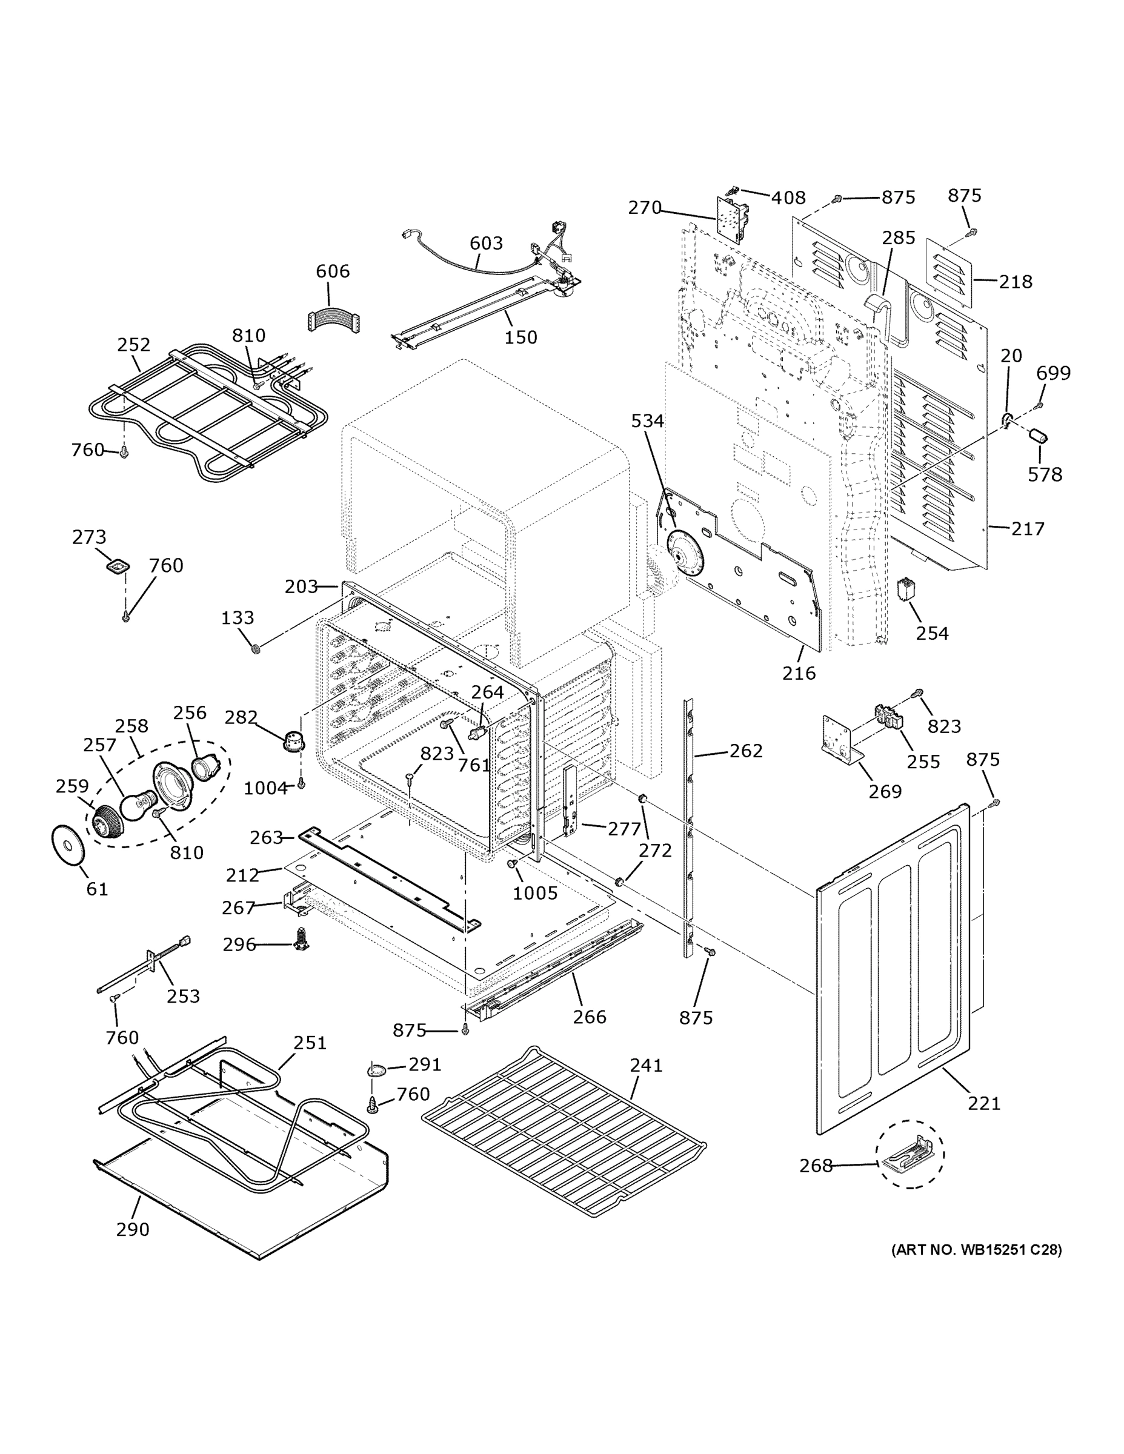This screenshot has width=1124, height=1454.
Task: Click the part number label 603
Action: click(486, 243)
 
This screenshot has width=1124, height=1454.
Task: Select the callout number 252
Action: click(134, 345)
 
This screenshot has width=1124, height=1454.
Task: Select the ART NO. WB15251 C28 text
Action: click(976, 1250)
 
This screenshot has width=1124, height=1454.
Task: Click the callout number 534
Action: click(648, 421)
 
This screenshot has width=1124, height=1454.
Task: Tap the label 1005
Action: click(534, 893)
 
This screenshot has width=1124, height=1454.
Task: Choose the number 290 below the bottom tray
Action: click(133, 1230)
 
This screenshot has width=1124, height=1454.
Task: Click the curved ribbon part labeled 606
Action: click(333, 321)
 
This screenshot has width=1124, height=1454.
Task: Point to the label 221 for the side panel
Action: click(984, 1104)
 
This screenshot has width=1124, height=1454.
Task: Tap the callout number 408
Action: click(788, 198)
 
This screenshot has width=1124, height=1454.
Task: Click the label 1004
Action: click(265, 789)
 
